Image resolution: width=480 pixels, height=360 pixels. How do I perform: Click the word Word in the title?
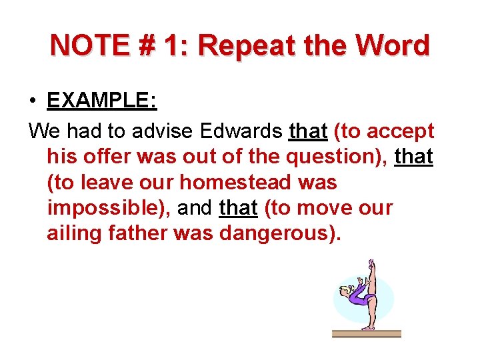(393, 45)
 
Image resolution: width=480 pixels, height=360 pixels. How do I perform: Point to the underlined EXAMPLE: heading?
(101, 101)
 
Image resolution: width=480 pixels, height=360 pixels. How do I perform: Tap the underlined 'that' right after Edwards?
(308, 131)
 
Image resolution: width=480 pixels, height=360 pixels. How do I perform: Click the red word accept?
(401, 131)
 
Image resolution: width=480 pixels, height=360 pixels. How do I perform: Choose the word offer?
(105, 157)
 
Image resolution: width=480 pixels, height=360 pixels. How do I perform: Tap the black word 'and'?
(195, 208)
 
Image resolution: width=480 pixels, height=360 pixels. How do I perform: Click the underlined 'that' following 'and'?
(238, 208)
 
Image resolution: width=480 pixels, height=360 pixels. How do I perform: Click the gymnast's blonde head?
(345, 291)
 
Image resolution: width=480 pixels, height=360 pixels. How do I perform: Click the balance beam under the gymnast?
(367, 332)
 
